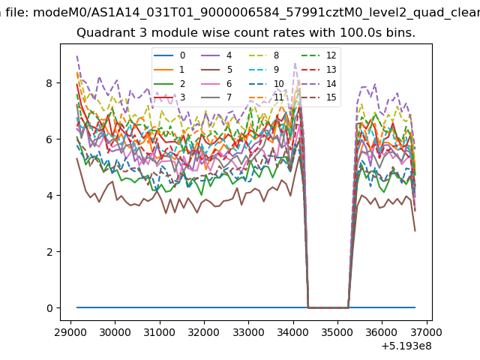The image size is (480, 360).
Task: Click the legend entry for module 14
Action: tap(321, 83)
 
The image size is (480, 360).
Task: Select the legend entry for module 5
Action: tap(217, 70)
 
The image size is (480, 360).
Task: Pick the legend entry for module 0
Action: tap(169, 55)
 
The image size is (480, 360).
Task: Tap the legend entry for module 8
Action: tap(263, 55)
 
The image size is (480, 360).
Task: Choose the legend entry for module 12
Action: tap(321, 55)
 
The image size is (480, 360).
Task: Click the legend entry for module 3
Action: tap(169, 97)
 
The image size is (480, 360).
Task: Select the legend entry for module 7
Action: tap(217, 97)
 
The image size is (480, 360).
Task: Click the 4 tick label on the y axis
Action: tap(49, 195)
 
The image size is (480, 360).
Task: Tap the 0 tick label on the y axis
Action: tap(49, 308)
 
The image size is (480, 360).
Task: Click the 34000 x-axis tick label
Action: tap(293, 332)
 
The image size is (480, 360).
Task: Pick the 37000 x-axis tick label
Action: tap(427, 332)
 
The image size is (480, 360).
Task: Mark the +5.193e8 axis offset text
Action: tap(406, 346)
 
